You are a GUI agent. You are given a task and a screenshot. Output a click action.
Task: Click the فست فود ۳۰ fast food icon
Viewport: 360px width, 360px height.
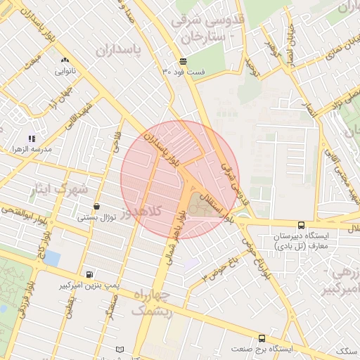(183, 61)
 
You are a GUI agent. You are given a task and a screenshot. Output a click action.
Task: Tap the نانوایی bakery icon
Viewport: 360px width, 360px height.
(65, 60)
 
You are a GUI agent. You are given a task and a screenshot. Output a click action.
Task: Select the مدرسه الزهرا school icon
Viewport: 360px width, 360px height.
(31, 139)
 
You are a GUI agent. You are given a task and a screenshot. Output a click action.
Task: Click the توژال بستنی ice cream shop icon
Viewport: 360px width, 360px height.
(96, 206)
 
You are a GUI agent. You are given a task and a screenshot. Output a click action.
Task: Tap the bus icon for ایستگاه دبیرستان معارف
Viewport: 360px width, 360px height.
(301, 225)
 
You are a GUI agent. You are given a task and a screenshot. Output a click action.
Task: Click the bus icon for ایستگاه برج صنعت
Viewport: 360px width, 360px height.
(262, 337)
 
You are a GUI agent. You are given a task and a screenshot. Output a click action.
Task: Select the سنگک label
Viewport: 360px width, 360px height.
(346, 350)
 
